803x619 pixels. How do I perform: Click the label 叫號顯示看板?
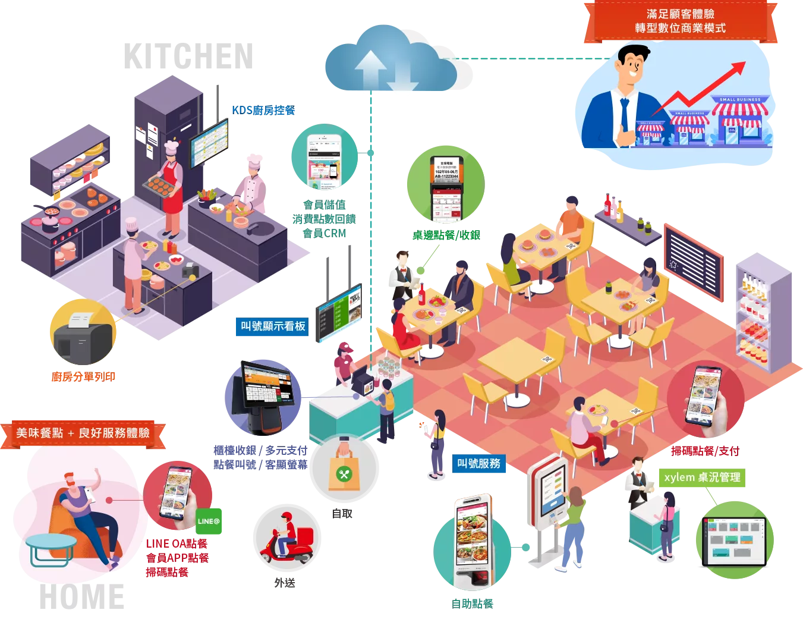272,326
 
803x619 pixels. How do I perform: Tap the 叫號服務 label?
478,463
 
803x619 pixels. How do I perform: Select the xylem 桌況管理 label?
702,477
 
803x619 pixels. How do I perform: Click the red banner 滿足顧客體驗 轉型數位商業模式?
680,21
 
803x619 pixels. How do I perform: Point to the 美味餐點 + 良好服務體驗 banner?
83,433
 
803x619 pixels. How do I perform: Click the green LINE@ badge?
208,521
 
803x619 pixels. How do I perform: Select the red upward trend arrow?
701,89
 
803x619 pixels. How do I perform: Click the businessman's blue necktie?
625,116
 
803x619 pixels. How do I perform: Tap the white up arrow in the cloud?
370,68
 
